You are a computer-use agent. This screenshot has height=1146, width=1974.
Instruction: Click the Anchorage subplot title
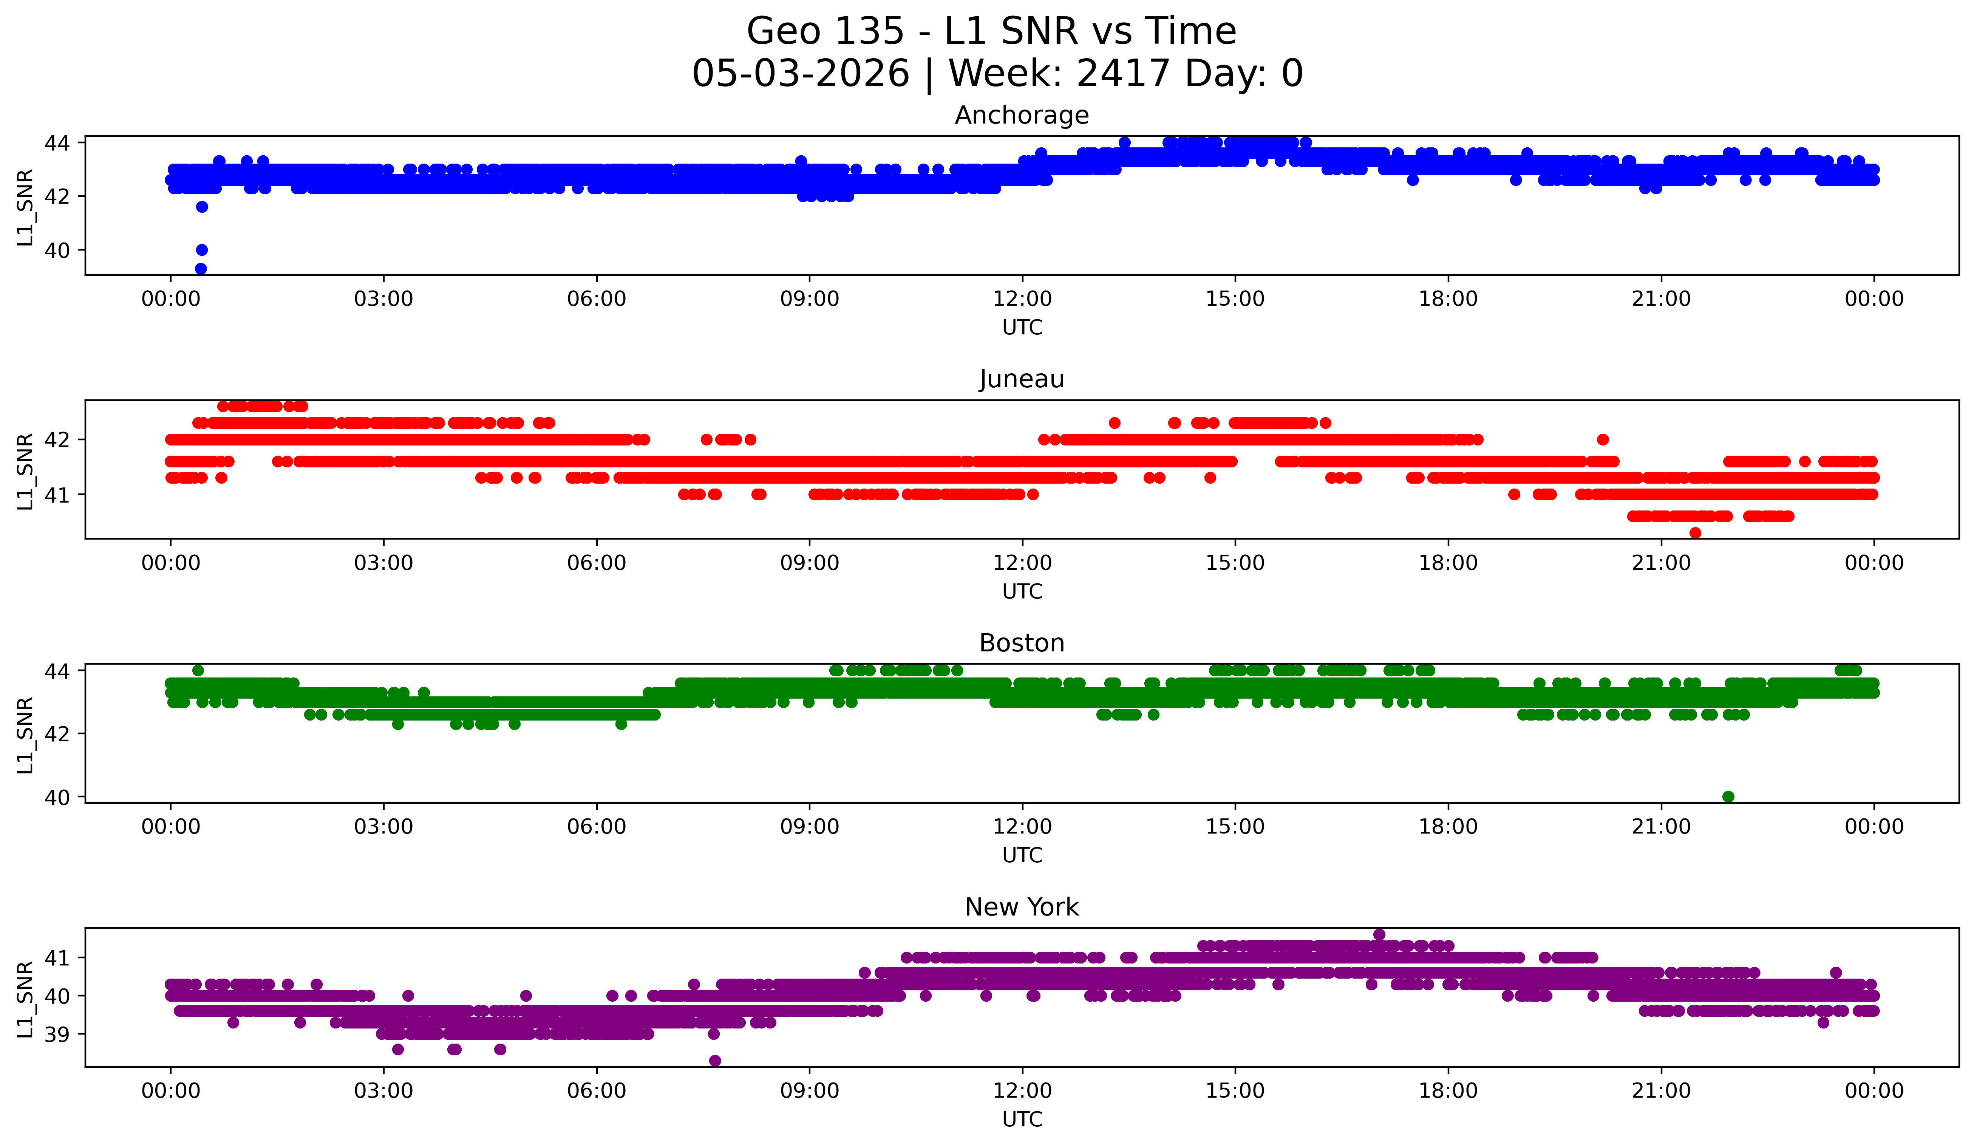[x=1022, y=115]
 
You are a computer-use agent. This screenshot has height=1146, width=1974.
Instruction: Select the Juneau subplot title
[x=1022, y=379]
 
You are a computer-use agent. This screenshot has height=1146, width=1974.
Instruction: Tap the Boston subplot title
[x=1022, y=643]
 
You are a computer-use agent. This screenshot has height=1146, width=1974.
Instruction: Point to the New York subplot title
[x=1022, y=907]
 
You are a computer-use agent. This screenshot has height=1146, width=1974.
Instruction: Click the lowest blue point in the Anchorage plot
[x=201, y=269]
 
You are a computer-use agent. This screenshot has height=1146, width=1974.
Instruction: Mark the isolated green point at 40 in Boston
[x=1728, y=796]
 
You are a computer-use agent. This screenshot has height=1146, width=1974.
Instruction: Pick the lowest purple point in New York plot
[x=714, y=1061]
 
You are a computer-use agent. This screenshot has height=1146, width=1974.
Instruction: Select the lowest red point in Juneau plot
[x=1695, y=533]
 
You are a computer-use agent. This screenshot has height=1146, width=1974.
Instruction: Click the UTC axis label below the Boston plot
[x=1022, y=855]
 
